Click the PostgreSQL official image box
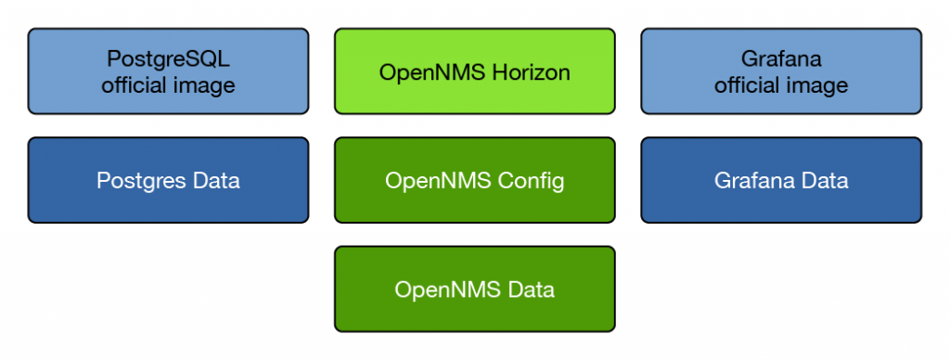point(168,71)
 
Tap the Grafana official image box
point(781,71)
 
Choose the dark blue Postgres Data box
point(168,180)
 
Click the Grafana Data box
point(781,180)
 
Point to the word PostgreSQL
point(168,59)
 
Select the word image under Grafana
point(816,85)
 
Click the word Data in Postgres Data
point(214,181)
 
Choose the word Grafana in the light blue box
point(781,59)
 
